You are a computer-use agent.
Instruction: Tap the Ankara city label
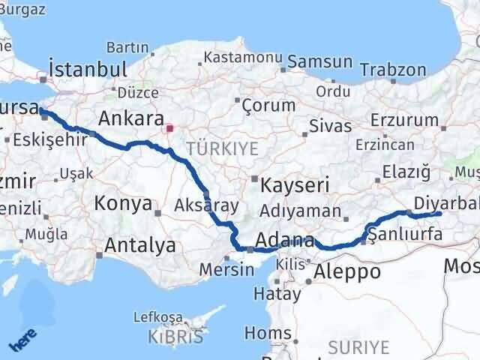click(131, 118)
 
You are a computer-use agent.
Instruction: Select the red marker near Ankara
click(170, 127)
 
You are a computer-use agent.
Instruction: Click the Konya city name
click(123, 204)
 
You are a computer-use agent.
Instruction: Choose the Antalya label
click(140, 245)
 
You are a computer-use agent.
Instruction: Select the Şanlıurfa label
click(405, 235)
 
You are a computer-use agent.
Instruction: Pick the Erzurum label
click(406, 120)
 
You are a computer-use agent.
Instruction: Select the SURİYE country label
click(363, 347)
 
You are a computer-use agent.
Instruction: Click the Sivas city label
click(331, 125)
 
